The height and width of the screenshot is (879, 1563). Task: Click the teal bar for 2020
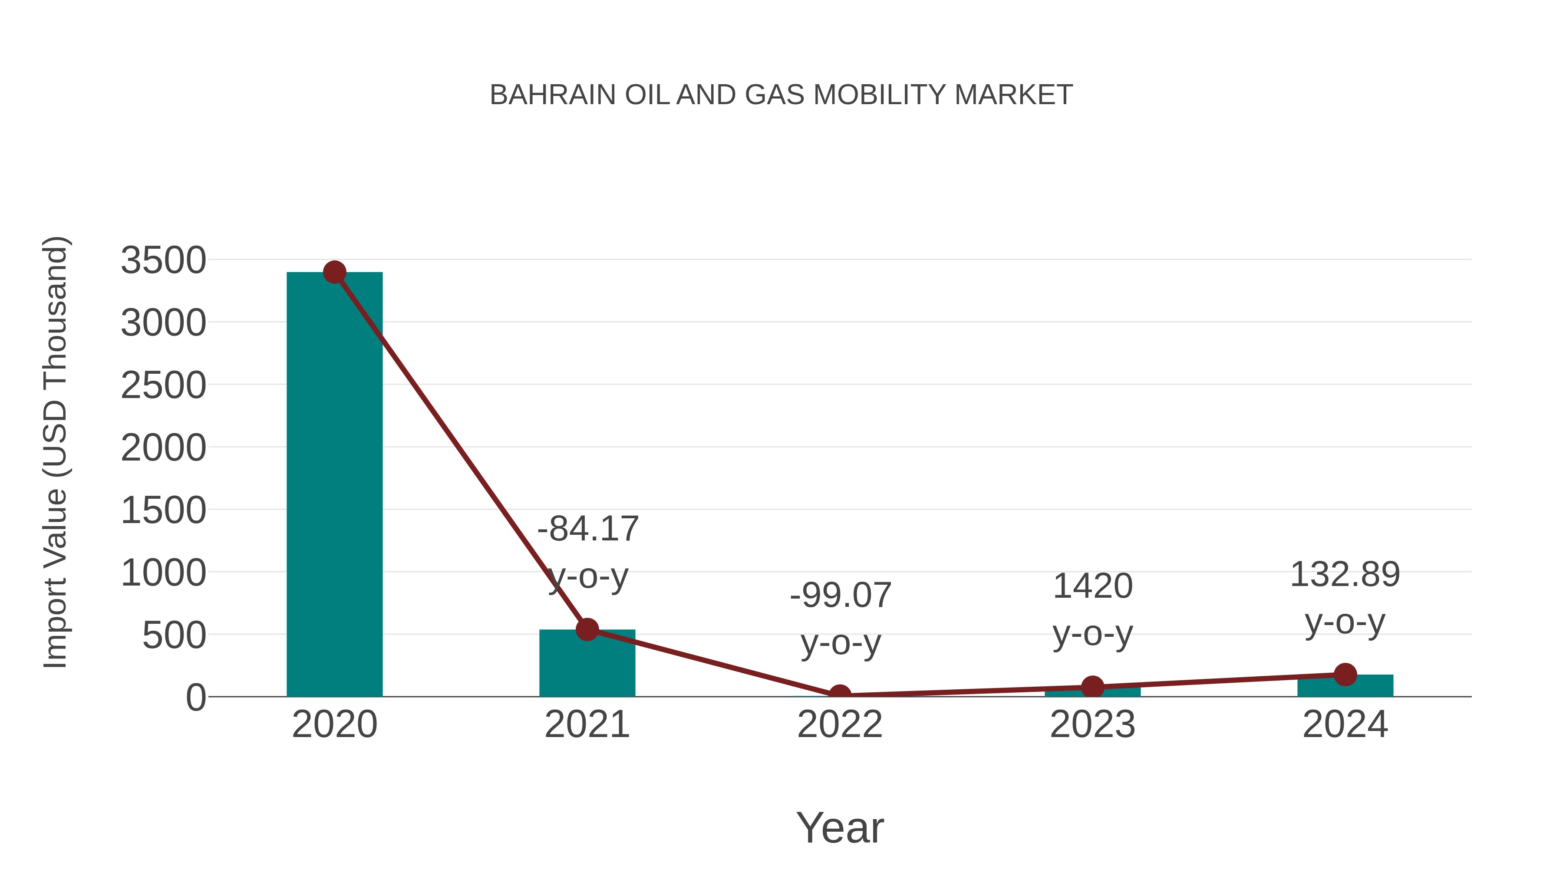[x=334, y=485]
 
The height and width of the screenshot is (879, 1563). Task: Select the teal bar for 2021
[x=587, y=667]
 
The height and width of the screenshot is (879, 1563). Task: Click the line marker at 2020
[x=334, y=272]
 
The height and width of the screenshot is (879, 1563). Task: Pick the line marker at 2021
[x=587, y=630]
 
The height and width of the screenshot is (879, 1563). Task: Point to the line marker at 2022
[x=840, y=695]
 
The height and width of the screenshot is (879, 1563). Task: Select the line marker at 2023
[x=1092, y=687]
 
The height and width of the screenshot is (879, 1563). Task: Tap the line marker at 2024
[x=1345, y=675]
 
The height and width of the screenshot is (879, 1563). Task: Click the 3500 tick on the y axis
[x=163, y=261]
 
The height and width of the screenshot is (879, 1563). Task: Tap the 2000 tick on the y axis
[x=163, y=448]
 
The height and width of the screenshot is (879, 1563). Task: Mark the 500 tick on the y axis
[x=174, y=636]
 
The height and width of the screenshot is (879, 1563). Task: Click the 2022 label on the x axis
[x=840, y=724]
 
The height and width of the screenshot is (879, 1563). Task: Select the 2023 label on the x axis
[x=1092, y=724]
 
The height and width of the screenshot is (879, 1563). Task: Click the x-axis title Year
[x=840, y=827]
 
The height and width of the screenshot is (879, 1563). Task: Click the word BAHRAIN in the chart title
[x=552, y=95]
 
